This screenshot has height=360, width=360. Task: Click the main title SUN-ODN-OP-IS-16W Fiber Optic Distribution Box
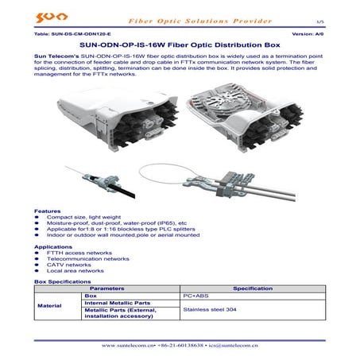(x=180, y=45)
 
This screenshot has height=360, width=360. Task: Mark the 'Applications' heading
(x=53, y=247)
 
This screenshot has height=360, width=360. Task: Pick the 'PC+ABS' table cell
(x=195, y=296)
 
